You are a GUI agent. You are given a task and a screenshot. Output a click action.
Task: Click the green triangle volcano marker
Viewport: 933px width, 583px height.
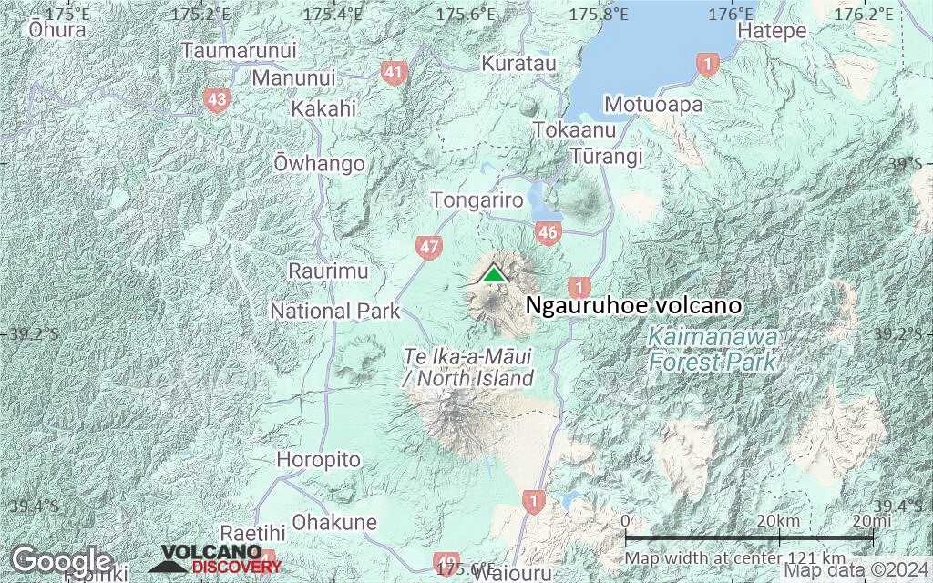[493, 273]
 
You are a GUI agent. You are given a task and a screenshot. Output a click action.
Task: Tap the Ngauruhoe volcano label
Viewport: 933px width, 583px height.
[634, 306]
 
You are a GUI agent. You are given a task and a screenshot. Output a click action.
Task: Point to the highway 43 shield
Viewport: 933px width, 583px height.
[216, 100]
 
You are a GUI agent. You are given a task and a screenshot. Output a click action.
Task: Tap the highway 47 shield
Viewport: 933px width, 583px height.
[428, 246]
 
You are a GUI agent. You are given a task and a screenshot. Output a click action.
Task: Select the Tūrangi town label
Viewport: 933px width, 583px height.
[606, 156]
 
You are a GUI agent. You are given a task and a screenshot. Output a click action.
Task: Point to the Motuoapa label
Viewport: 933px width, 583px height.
[653, 105]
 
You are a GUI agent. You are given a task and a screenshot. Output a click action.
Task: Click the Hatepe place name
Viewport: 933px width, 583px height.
[773, 31]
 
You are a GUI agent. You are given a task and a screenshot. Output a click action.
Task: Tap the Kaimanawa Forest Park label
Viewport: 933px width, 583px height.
[713, 351]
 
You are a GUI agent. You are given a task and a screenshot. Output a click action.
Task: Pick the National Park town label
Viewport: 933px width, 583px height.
[335, 312]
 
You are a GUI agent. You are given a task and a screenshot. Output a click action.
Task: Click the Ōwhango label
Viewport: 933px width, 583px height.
[319, 164]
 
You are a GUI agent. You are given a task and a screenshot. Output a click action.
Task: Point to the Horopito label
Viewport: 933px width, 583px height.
[318, 459]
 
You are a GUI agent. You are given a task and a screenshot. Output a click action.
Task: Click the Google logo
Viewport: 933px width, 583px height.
[61, 560]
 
